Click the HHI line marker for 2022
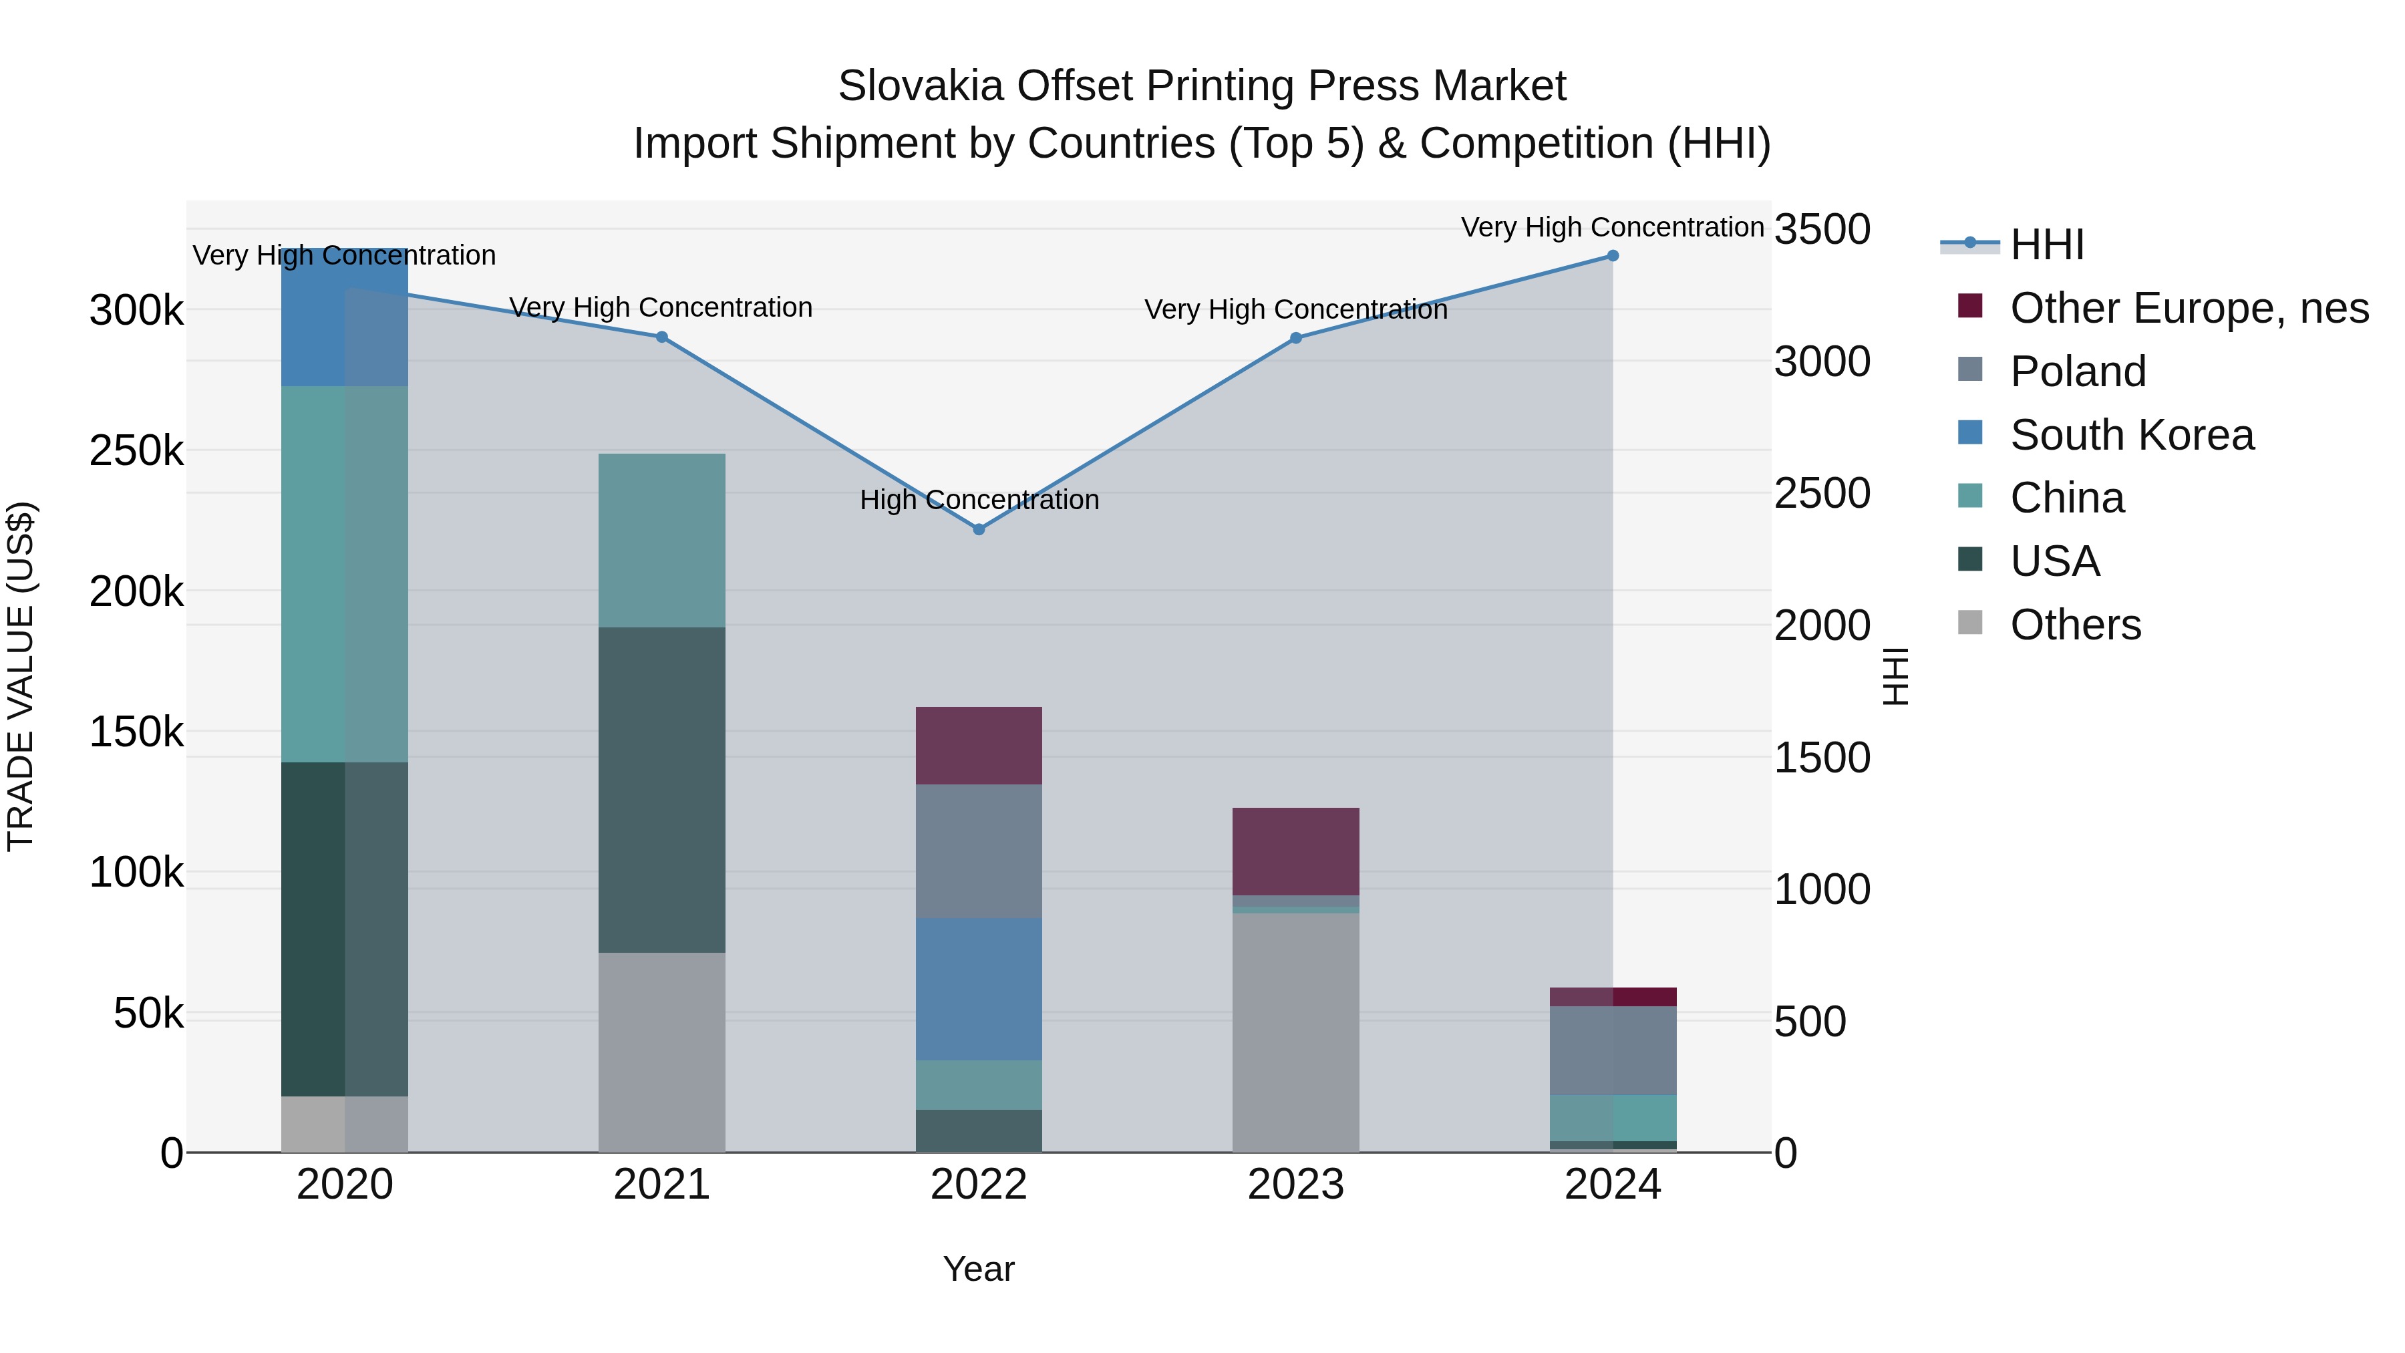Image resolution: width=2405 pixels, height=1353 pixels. tap(979, 529)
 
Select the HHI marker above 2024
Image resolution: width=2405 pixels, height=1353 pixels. tap(1613, 256)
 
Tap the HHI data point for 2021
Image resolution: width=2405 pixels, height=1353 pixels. tap(662, 337)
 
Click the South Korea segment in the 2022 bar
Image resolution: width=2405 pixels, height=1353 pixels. tap(979, 989)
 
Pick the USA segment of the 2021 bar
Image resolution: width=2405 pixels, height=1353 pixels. tap(662, 789)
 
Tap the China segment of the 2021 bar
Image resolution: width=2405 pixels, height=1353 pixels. tap(662, 540)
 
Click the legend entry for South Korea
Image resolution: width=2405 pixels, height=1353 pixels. tap(2132, 435)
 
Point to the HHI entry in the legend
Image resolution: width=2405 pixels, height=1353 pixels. tap(2046, 245)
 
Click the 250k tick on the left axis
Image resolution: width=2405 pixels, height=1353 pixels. tap(136, 451)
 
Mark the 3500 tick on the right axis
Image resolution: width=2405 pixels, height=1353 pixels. tap(1822, 230)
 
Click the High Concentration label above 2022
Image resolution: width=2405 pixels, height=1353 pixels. tap(979, 500)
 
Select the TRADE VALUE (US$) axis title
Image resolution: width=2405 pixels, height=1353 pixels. tap(21, 676)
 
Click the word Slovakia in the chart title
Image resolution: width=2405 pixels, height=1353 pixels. tap(920, 86)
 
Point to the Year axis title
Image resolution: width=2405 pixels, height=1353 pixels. tap(979, 1269)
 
